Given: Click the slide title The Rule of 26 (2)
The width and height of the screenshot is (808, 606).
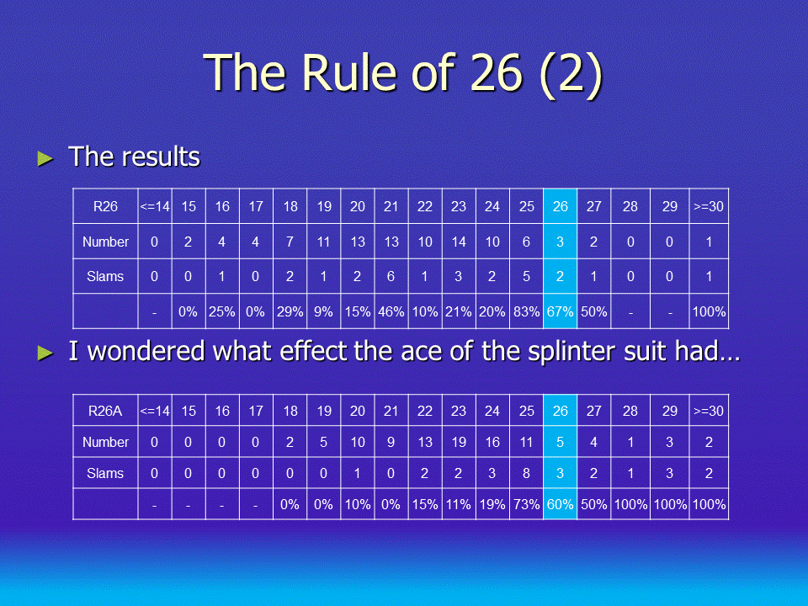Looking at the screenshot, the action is point(403,73).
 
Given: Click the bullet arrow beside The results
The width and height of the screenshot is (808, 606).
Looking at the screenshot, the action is point(45,158).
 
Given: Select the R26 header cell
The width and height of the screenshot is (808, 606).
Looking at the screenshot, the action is point(105,207).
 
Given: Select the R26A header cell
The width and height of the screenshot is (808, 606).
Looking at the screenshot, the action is point(105,411).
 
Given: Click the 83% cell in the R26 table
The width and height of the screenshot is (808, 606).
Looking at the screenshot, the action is point(526,311).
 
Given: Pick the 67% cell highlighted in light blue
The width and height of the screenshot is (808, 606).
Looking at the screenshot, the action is point(561,311).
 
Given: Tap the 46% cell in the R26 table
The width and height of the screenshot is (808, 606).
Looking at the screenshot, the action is point(391,311).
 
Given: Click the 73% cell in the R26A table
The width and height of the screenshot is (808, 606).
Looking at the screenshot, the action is point(526,504).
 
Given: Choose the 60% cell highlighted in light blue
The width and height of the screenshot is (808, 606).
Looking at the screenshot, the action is point(561,504).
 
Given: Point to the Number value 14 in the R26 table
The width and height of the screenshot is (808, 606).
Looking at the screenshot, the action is point(459,242).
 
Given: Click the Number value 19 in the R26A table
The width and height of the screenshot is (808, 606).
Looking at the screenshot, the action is point(459,442).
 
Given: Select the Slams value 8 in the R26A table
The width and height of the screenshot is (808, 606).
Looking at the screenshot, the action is point(526,473).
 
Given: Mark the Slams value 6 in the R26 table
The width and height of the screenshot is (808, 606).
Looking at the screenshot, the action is point(391,277).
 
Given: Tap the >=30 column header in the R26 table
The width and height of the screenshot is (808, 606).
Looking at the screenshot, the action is point(709,207).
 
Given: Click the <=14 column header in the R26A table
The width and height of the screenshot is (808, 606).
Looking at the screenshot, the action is point(155,411).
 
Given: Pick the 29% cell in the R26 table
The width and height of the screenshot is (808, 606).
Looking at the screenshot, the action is point(290,311).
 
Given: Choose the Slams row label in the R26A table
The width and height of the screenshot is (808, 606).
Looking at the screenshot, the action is point(105,473).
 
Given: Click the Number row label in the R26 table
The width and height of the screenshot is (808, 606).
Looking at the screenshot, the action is point(105,242).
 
